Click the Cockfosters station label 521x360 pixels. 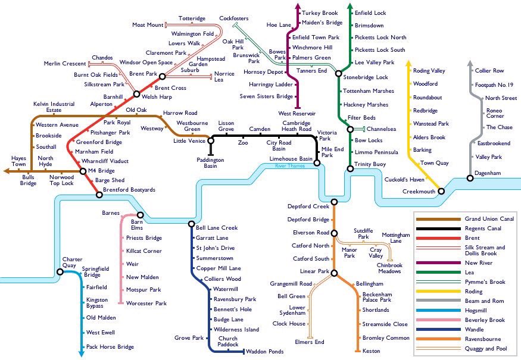pyautogui.click(x=234, y=18)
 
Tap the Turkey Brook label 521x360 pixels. pyautogui.click(x=320, y=13)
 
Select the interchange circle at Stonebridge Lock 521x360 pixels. pyautogui.click(x=338, y=74)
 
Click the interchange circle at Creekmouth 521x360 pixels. pyautogui.click(x=441, y=191)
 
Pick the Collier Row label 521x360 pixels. pyautogui.click(x=489, y=71)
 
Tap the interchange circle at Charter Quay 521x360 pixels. pyautogui.click(x=60, y=272)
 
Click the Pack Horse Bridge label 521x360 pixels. pyautogui.click(x=110, y=347)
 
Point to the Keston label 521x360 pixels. pyautogui.click(x=371, y=351)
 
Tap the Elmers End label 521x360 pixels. pyautogui.click(x=310, y=342)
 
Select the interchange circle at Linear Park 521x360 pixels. pyautogui.click(x=334, y=273)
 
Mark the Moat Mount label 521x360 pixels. pyautogui.click(x=148, y=25)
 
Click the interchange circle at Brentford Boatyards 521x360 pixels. pyautogui.click(x=99, y=193)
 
